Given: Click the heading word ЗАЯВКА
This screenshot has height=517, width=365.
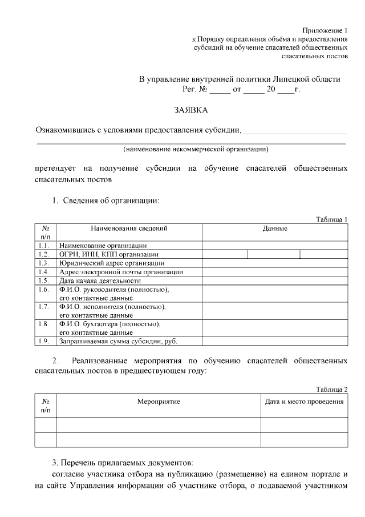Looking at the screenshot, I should [191, 110].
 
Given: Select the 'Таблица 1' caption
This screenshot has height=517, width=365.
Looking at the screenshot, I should [331, 219].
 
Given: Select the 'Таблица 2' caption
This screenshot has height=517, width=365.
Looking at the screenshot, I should [331, 388].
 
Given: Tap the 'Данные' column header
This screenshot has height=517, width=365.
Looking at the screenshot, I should [275, 229].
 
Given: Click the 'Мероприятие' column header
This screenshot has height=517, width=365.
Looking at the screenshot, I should [158, 402].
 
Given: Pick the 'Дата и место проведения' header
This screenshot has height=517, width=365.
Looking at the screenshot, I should [304, 402].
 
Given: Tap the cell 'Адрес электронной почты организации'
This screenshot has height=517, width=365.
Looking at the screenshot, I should [121, 272].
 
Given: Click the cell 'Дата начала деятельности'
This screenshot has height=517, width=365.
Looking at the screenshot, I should [100, 281].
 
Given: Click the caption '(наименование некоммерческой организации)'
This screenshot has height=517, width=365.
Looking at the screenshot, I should [196, 150].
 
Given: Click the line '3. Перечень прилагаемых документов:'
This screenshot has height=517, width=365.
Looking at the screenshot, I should [123, 462].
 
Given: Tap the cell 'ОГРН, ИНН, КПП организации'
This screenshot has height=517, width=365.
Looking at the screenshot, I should [109, 254].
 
